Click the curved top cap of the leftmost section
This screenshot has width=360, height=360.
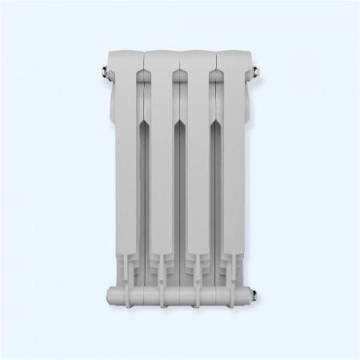click(x=126, y=58)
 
